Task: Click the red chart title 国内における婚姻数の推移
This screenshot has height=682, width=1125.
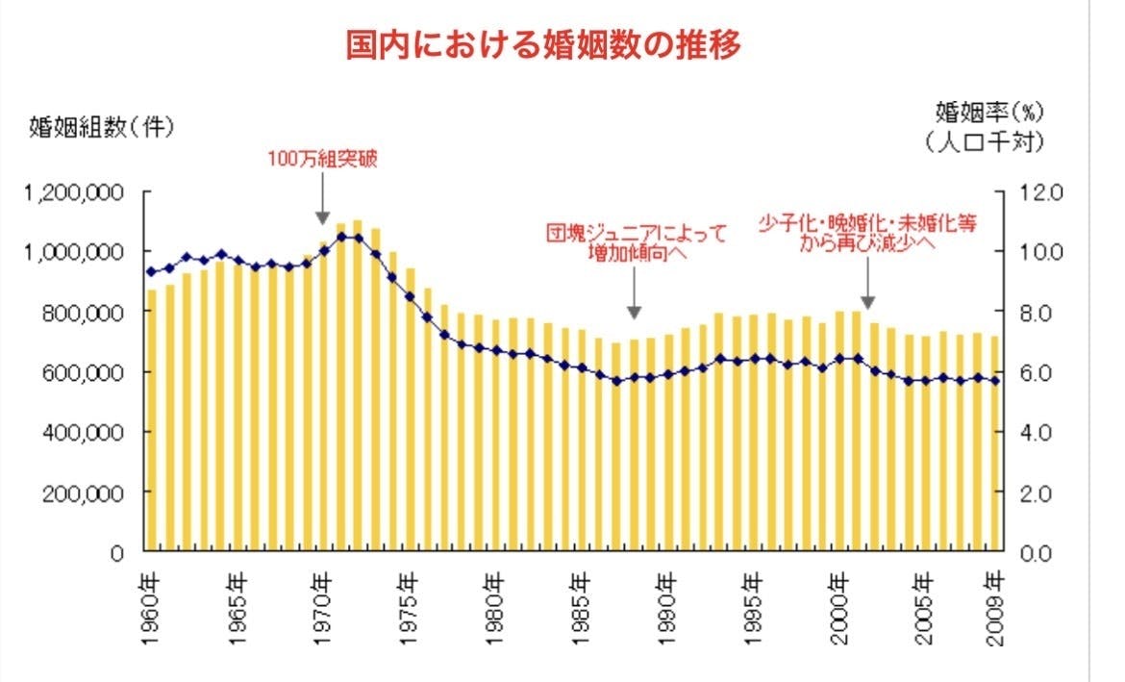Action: (543, 44)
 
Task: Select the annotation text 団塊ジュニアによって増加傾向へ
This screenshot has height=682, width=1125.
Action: (636, 243)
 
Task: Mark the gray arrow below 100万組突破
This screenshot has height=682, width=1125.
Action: (322, 204)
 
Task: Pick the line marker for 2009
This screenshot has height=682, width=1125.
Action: (995, 381)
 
